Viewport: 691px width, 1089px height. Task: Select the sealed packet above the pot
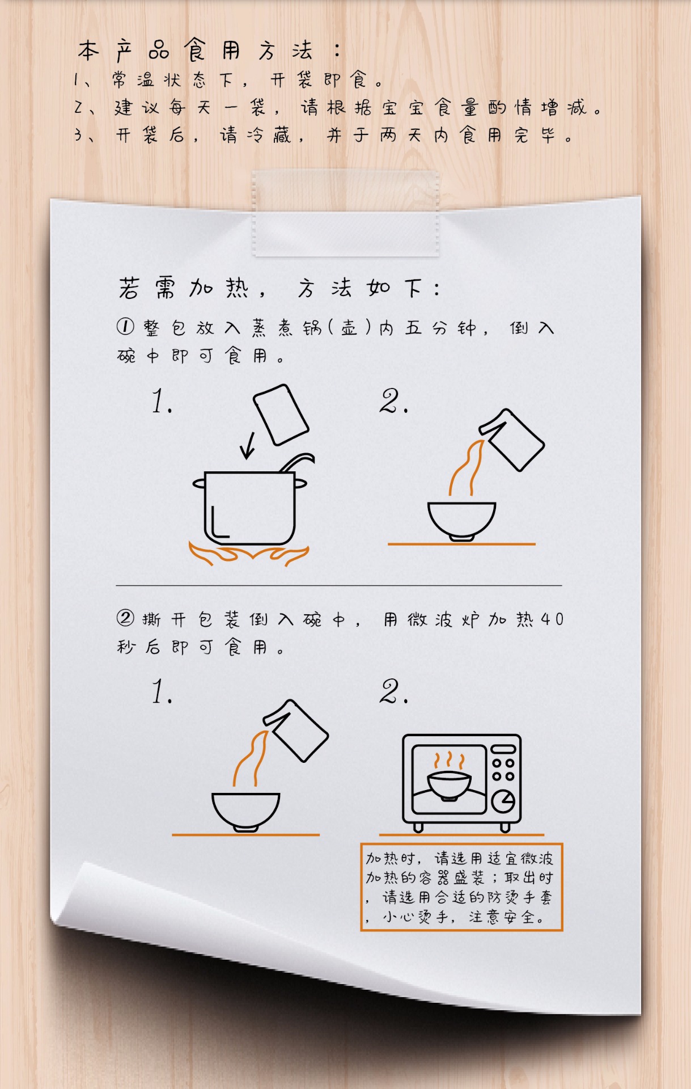pos(281,415)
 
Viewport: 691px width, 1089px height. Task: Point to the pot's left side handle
pos(199,483)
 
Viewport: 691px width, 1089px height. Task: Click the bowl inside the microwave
pos(449,785)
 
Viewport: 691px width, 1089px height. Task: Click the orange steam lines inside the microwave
pos(449,760)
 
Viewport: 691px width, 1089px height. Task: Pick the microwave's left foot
pos(418,828)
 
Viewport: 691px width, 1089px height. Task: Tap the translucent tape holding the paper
pos(346,213)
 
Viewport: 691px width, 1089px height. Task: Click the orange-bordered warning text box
pos(461,887)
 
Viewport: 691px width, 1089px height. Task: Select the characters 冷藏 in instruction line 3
pos(269,135)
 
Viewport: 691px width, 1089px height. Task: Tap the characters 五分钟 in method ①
pos(440,328)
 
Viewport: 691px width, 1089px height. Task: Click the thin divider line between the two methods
pos(339,585)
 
